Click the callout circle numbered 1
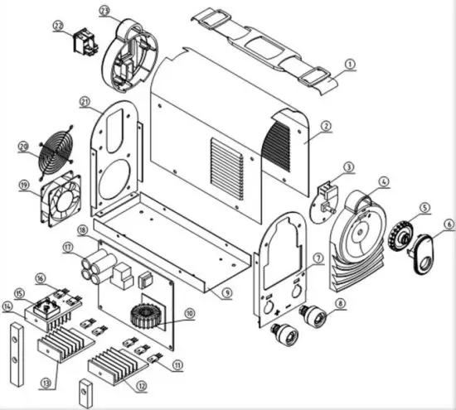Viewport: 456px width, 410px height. point(349,63)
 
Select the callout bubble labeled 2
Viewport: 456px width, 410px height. point(326,126)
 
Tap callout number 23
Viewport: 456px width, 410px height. point(104,10)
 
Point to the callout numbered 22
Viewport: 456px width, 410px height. point(58,26)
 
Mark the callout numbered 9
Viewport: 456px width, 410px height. point(226,292)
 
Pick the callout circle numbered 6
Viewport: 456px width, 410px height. point(449,223)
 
